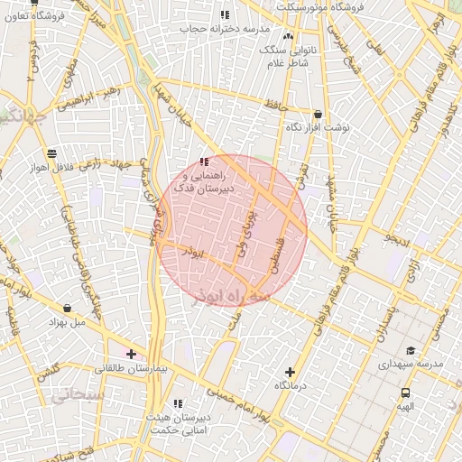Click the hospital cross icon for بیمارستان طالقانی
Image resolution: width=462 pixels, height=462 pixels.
(132, 354)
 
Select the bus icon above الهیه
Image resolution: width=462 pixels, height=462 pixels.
(405, 393)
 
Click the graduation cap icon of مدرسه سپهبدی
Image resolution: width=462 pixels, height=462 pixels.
(411, 351)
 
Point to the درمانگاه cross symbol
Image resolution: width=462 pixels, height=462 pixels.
(290, 371)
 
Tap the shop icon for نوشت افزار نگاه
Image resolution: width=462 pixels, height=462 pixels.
(318, 115)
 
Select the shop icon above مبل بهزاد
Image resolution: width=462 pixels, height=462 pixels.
(67, 308)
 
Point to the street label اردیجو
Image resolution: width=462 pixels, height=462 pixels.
(397, 239)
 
